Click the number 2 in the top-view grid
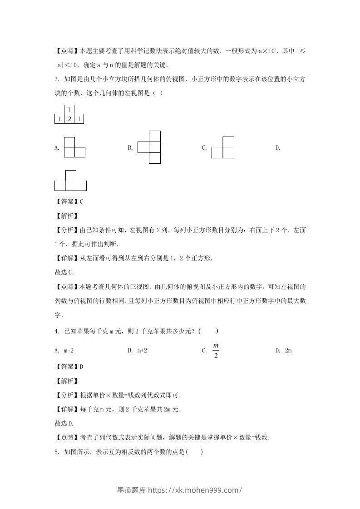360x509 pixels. click(x=69, y=119)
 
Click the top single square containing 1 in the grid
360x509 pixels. click(x=69, y=110)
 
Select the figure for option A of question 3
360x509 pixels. click(x=74, y=147)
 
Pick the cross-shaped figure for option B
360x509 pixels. click(x=149, y=147)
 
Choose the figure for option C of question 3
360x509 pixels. click(x=223, y=147)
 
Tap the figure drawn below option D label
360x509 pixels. click(x=70, y=181)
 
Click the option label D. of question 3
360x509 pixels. click(x=278, y=147)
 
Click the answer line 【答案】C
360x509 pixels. click(x=69, y=201)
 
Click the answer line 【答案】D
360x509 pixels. click(x=69, y=367)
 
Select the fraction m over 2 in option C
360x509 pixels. click(x=216, y=351)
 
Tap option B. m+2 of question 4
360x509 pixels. click(x=138, y=351)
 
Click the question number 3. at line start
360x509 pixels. click(x=56, y=79)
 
